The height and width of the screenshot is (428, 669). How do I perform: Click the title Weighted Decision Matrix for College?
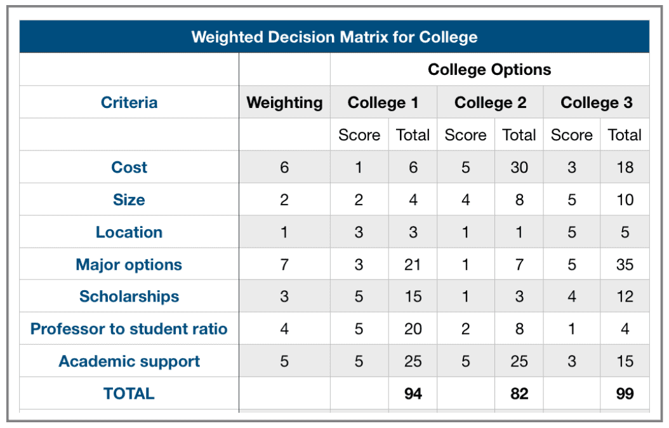pyautogui.click(x=334, y=37)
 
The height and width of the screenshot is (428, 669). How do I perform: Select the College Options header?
pyautogui.click(x=489, y=70)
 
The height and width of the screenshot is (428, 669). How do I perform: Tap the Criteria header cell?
pyautogui.click(x=129, y=102)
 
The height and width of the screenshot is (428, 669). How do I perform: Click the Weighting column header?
pyautogui.click(x=284, y=103)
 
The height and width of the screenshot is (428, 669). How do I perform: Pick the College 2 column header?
pyautogui.click(x=490, y=102)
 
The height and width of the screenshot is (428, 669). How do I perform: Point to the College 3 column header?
pyautogui.click(x=597, y=102)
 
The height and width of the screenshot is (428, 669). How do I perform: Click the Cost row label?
pyautogui.click(x=129, y=167)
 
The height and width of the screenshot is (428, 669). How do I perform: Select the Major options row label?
pyautogui.click(x=129, y=265)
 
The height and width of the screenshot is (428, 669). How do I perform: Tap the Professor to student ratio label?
pyautogui.click(x=129, y=329)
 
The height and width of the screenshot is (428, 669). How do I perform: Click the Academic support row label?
pyautogui.click(x=129, y=361)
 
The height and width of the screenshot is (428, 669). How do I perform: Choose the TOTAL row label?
pyautogui.click(x=129, y=394)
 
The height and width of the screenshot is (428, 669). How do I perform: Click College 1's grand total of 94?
pyautogui.click(x=413, y=394)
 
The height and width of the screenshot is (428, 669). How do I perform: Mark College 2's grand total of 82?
pyautogui.click(x=519, y=394)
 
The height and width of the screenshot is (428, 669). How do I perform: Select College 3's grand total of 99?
pyautogui.click(x=625, y=394)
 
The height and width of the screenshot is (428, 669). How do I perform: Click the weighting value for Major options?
pyautogui.click(x=284, y=265)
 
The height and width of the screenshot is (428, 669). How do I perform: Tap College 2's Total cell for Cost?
pyautogui.click(x=519, y=167)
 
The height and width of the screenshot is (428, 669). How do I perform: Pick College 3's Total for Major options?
pyautogui.click(x=625, y=265)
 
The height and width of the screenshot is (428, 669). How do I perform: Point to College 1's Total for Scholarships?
pyautogui.click(x=413, y=297)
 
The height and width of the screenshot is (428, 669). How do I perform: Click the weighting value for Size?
pyautogui.click(x=284, y=199)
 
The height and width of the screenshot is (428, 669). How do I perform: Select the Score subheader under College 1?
pyautogui.click(x=359, y=135)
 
